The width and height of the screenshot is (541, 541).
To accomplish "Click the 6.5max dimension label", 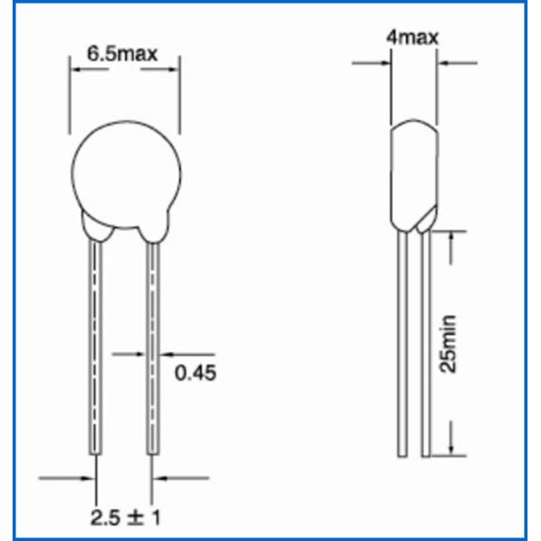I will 123,53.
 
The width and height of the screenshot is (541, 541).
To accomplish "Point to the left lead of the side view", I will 403,343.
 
